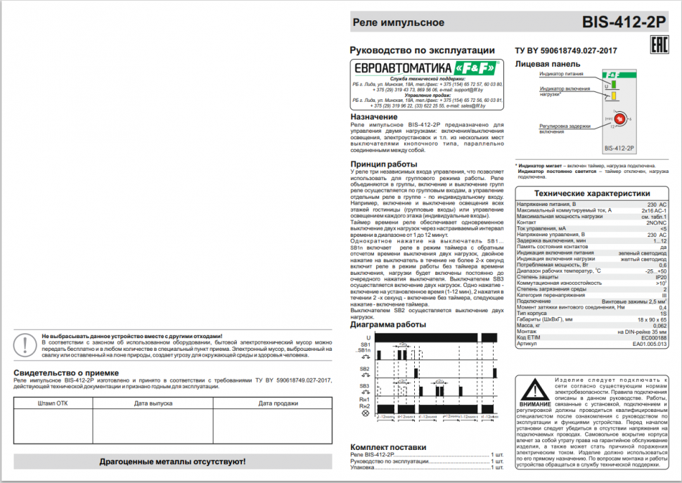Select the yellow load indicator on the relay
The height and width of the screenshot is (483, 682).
pos(614,96)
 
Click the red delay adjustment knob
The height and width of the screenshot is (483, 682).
pos(619,119)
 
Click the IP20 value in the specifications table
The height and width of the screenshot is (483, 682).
pos(660,277)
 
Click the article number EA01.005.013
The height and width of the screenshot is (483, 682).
pos(649,344)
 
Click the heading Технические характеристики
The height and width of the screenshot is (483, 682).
pos(591,193)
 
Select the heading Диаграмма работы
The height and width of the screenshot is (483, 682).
pos(387,325)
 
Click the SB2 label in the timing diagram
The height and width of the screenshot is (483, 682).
pos(364,368)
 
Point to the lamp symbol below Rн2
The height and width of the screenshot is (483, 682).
pos(364,413)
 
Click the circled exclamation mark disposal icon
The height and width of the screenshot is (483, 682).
pos(26,344)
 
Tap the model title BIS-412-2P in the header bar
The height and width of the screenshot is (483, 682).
pos(624,22)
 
